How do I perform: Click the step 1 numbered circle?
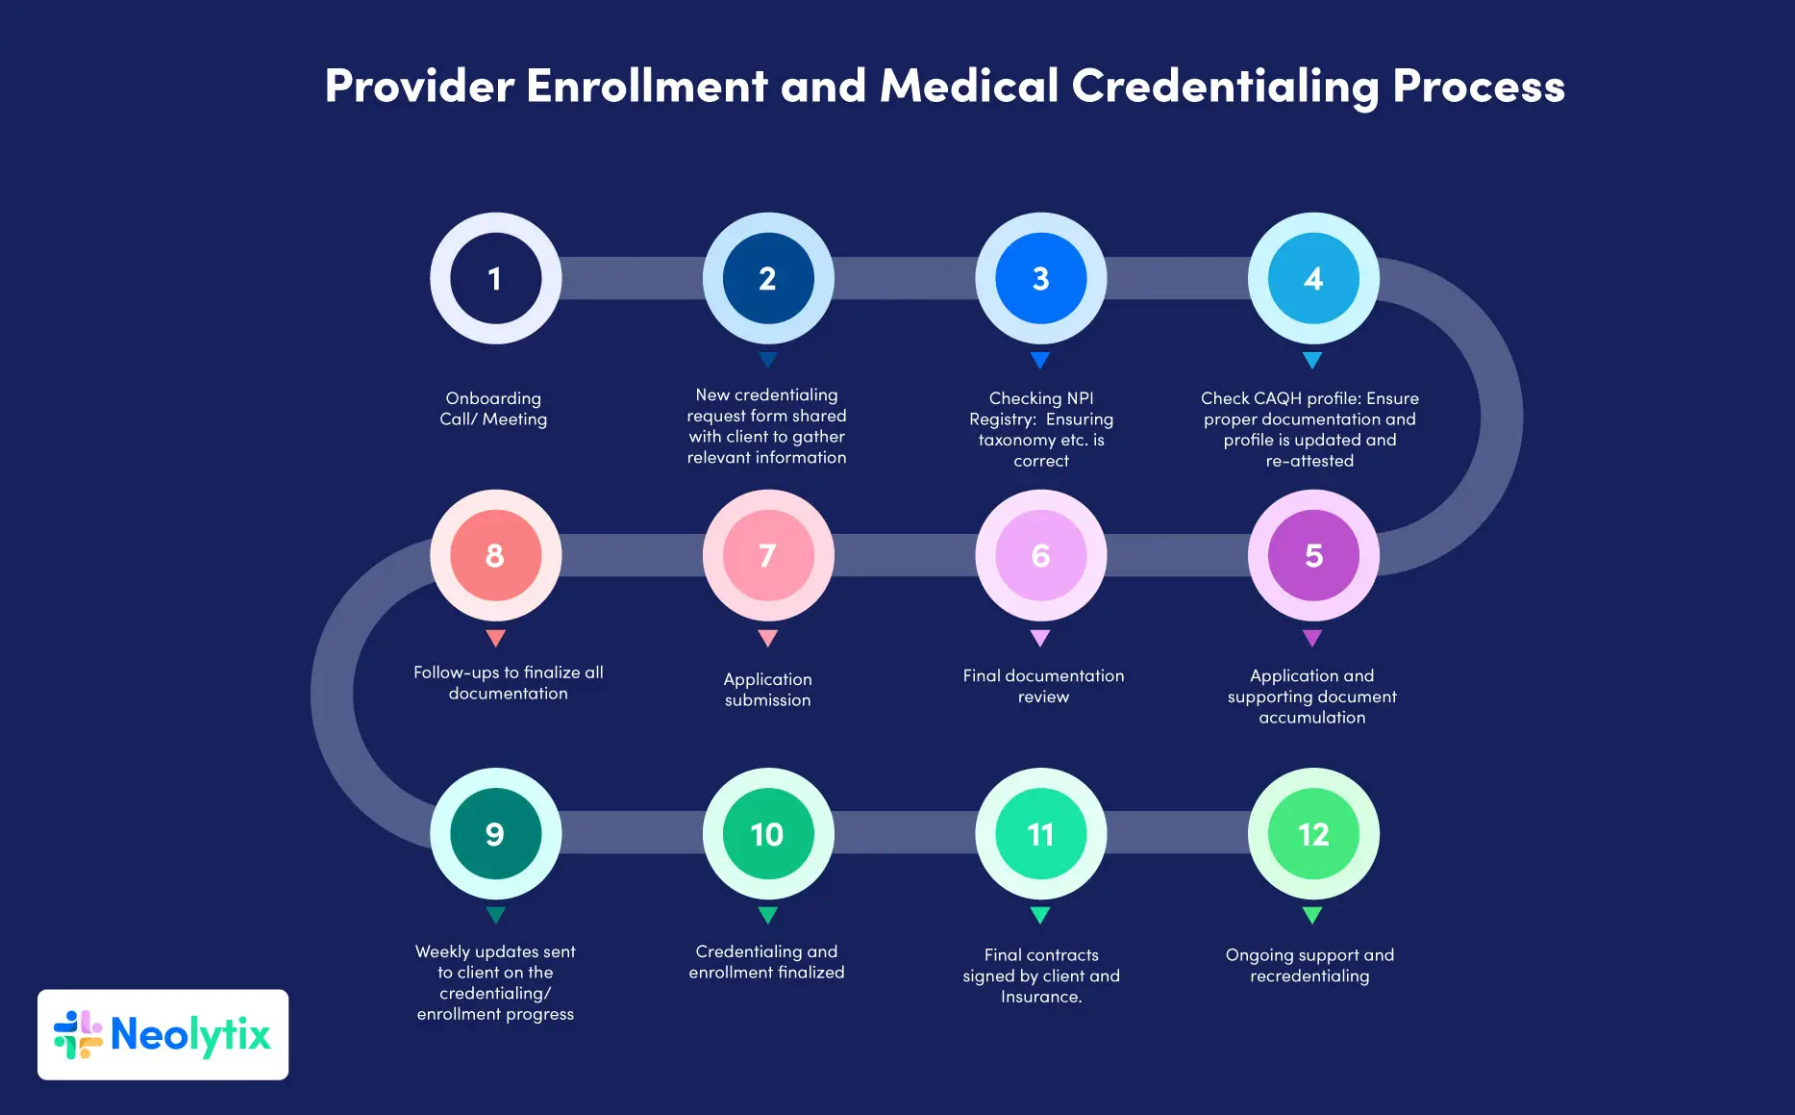pyautogui.click(x=495, y=279)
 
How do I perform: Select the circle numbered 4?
pyautogui.click(x=1313, y=279)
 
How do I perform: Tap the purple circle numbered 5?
pyautogui.click(x=1313, y=556)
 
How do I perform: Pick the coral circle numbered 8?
pyautogui.click(x=495, y=556)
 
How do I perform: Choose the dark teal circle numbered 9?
pyautogui.click(x=495, y=834)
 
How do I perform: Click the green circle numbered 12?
pyautogui.click(x=1313, y=834)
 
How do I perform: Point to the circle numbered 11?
pyautogui.click(x=1040, y=834)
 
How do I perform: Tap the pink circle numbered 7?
pyautogui.click(x=767, y=556)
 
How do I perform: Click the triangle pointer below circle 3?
pyautogui.click(x=1040, y=361)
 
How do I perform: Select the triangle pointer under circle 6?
pyautogui.click(x=1040, y=638)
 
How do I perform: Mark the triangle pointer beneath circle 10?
pyautogui.click(x=767, y=915)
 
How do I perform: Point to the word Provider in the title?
pyautogui.click(x=419, y=87)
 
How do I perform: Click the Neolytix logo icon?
pyautogui.click(x=78, y=1035)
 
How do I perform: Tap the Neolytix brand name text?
pyautogui.click(x=190, y=1035)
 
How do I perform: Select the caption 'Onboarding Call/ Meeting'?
pyautogui.click(x=493, y=409)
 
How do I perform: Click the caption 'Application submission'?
pyautogui.click(x=767, y=690)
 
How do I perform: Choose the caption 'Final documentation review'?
pyautogui.click(x=1043, y=686)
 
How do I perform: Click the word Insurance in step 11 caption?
pyautogui.click(x=1039, y=997)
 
